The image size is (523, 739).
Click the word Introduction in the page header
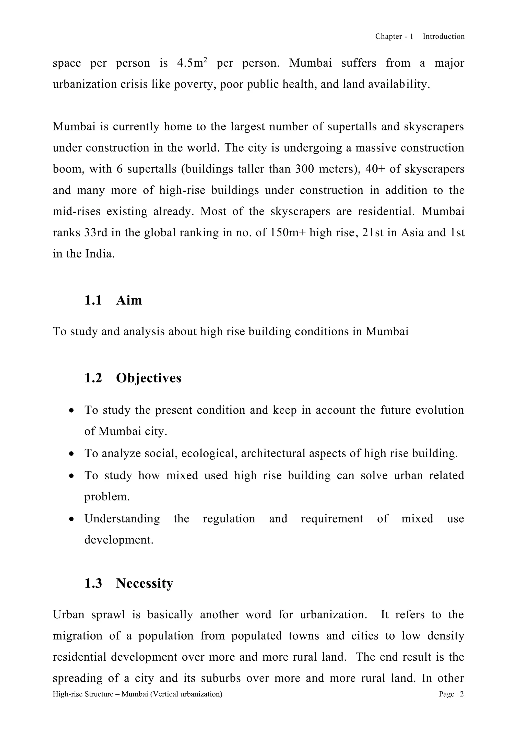[x=444, y=36]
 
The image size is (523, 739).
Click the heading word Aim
[x=129, y=300]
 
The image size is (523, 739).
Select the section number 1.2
[x=93, y=378]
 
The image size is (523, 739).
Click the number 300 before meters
[x=304, y=169]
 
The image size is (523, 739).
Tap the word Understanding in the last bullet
[x=122, y=519]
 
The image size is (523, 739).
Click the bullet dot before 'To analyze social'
[x=72, y=454]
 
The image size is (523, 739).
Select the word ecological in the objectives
[x=210, y=453]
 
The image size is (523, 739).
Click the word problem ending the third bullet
[x=107, y=497]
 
